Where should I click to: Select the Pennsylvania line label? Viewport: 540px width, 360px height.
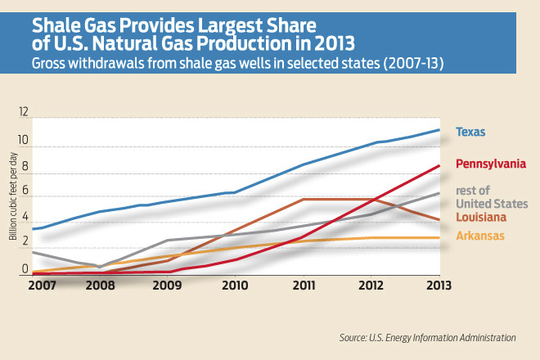490,164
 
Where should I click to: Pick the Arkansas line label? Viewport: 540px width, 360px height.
479,236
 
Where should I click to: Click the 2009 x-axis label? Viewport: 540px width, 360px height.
166,286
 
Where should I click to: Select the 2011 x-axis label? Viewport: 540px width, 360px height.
304,286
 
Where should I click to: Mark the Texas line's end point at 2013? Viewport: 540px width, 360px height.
440,130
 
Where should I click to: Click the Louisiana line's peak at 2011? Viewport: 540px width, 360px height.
304,199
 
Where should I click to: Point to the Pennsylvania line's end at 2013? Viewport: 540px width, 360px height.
440,166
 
